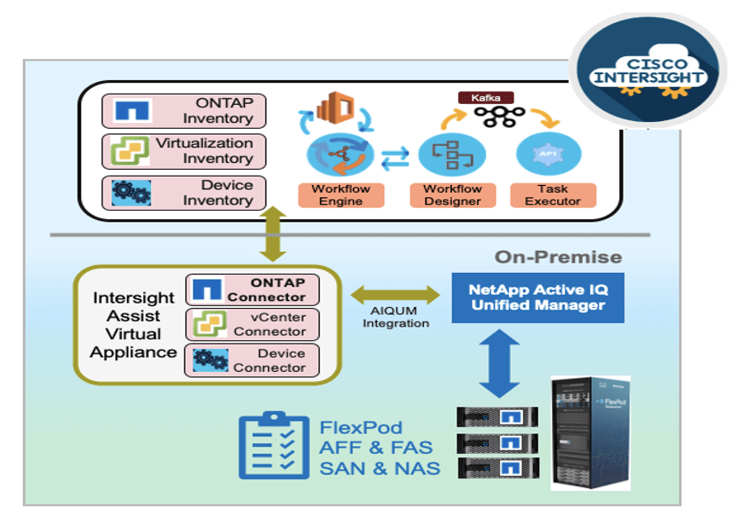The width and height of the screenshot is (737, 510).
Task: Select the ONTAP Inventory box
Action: coord(183,111)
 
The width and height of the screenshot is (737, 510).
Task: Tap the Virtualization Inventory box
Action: coord(183,151)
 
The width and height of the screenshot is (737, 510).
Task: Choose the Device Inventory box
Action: coord(183,193)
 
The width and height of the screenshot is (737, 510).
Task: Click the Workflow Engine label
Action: coord(340,194)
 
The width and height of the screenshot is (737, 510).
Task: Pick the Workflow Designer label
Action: coord(452,194)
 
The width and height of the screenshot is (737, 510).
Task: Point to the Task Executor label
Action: coord(553,194)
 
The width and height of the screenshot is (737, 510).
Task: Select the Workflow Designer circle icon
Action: coord(446,154)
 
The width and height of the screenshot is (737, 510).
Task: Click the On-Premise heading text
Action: coord(559,257)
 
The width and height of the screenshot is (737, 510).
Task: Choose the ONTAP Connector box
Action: coord(252,289)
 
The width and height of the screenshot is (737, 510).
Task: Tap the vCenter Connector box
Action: coord(252,324)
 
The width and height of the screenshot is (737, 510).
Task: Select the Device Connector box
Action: coord(252,360)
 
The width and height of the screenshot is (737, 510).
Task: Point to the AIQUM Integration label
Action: coord(396,317)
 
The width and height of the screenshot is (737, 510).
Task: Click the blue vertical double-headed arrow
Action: coord(501,362)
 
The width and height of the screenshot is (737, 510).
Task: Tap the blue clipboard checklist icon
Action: coord(273,445)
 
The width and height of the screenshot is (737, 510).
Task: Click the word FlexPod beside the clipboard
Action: coord(361,427)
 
